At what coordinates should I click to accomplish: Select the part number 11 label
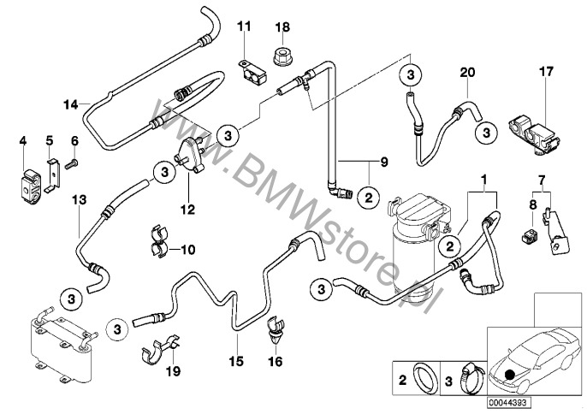pos(245,27)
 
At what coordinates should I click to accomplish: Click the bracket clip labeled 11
pos(252,69)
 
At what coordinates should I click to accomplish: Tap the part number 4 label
pos(23,140)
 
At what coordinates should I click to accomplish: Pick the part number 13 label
pos(80,199)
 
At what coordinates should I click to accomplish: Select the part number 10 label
pos(187,250)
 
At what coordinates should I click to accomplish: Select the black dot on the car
pos(512,371)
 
